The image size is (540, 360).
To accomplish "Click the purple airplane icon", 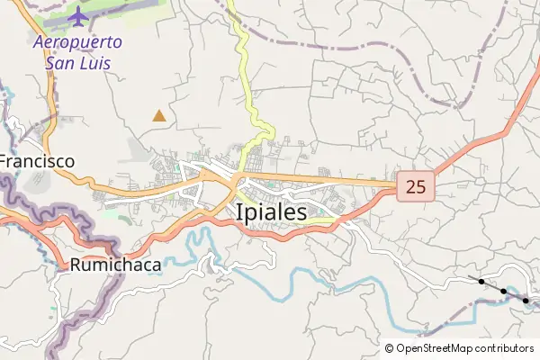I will coord(78,16).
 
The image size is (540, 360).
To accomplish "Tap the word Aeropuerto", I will coord(77,41).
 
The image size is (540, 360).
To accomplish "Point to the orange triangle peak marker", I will coord(159,114).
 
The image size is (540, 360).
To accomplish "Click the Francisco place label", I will coord(36,161).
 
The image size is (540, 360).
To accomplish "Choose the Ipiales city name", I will coord(270,212).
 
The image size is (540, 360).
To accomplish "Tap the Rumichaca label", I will coord(115,265).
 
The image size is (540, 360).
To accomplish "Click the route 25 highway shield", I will coord(416,187).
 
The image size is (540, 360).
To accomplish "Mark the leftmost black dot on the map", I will coord(481,282).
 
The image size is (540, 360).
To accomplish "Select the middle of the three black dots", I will coord(503,291).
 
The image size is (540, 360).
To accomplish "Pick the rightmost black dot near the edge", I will coord(526,300).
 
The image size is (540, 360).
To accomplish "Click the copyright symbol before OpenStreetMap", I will coord(389,348).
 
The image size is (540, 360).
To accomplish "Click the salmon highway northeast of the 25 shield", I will coord(486,139).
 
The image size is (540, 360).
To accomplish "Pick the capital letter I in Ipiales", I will coord(238,212).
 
